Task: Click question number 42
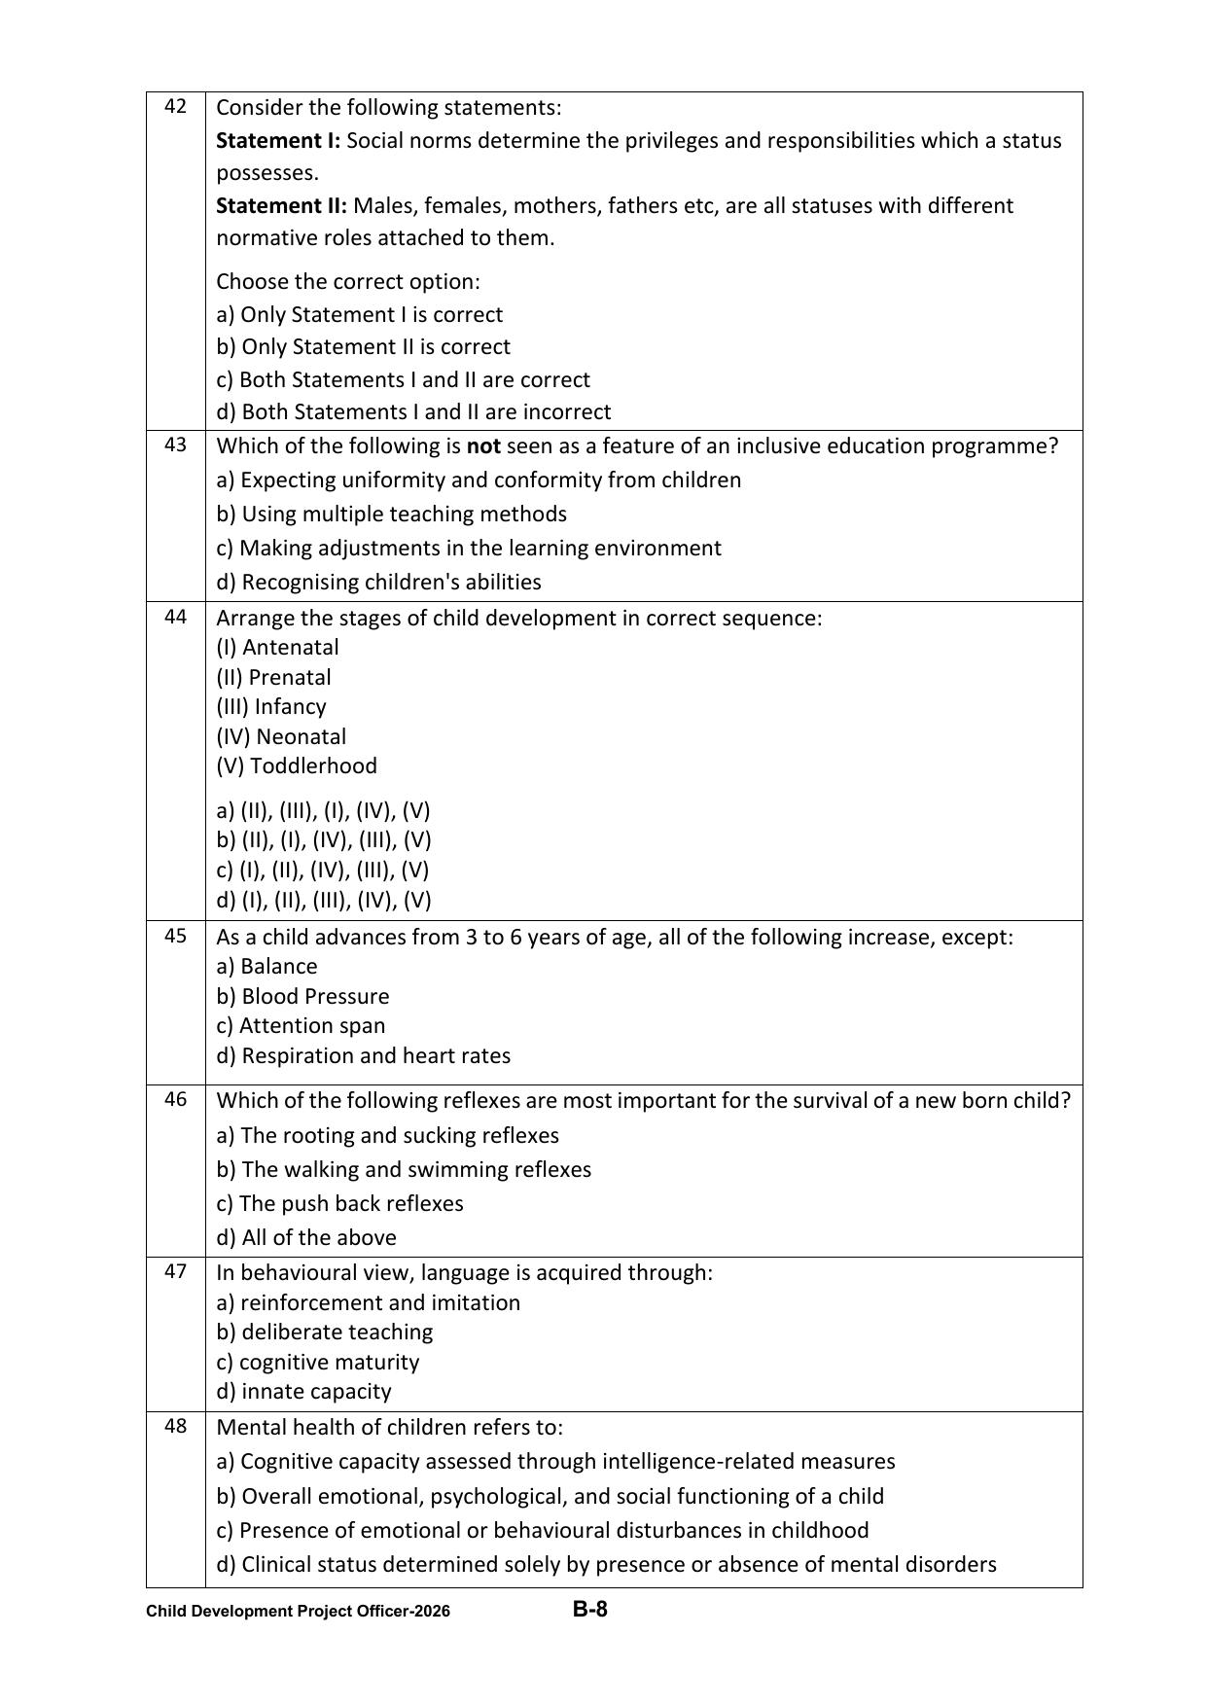tap(175, 107)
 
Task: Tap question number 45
tap(175, 936)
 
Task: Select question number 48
tap(175, 1427)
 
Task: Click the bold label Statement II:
tap(281, 206)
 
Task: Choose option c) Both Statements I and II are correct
tap(403, 379)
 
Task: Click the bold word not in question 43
tap(483, 446)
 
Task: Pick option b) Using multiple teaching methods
tap(391, 514)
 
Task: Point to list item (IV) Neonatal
tap(281, 736)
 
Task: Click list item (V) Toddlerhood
tap(297, 765)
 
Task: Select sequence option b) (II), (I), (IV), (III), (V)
tap(324, 839)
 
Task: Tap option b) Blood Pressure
tap(302, 996)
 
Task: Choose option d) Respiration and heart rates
tap(363, 1055)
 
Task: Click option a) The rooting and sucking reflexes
tap(387, 1135)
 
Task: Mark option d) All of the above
tap(306, 1237)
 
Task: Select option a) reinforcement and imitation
tap(368, 1302)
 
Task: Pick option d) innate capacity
tap(303, 1391)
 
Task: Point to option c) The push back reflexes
tap(339, 1203)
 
